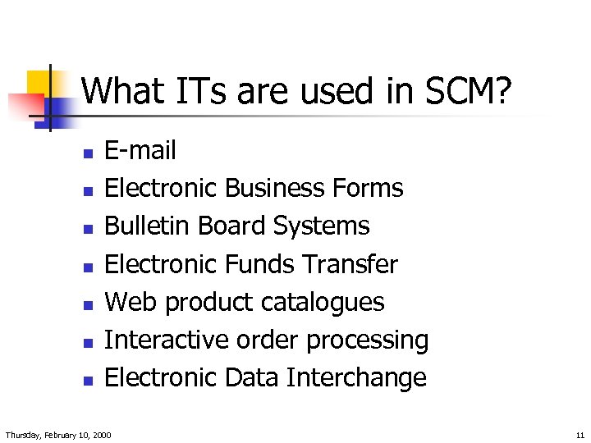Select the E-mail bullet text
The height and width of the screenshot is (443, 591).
pyautogui.click(x=140, y=150)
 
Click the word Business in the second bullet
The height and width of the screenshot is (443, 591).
pyautogui.click(x=275, y=188)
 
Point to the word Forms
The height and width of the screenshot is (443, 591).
pyautogui.click(x=368, y=188)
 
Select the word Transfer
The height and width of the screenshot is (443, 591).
pyautogui.click(x=350, y=264)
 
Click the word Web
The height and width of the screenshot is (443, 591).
pyautogui.click(x=131, y=302)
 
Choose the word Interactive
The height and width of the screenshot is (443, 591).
pyautogui.click(x=163, y=340)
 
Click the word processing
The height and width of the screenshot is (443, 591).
pyautogui.click(x=365, y=340)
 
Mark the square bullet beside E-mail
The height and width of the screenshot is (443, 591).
pyautogui.click(x=88, y=153)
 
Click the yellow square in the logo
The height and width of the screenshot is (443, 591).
pyautogui.click(x=39, y=83)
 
